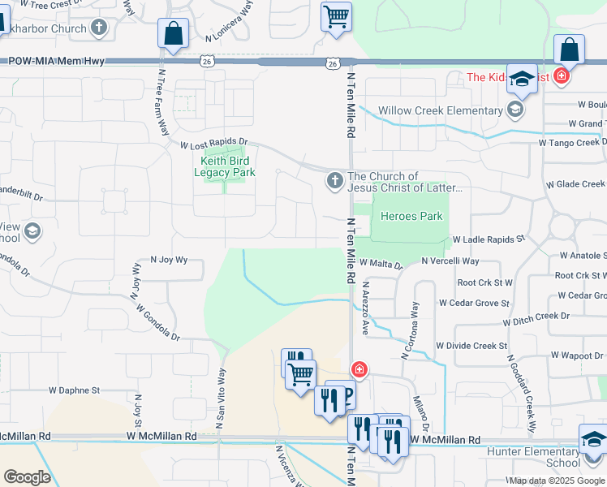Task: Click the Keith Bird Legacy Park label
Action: [x=227, y=166]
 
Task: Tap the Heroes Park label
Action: [x=411, y=216]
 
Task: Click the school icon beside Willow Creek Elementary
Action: [x=514, y=109]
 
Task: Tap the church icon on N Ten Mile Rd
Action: [x=334, y=181]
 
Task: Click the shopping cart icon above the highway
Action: [x=336, y=16]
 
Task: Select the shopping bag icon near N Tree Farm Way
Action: [x=174, y=33]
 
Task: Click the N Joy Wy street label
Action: [x=169, y=260]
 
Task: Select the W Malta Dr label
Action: [x=381, y=264]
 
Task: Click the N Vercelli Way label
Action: [x=450, y=261]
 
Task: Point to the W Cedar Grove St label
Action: [x=474, y=303]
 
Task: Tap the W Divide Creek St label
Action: [x=471, y=346]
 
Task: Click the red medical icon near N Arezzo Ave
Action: [x=359, y=370]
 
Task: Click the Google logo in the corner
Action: [x=28, y=477]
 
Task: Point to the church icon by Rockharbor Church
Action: [x=99, y=28]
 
